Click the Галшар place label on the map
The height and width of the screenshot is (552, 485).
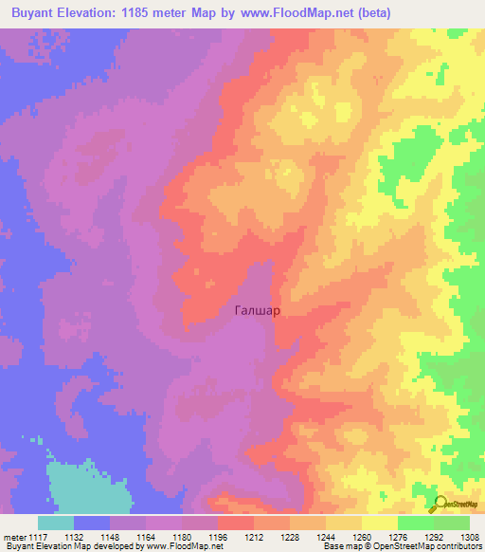pos(256,309)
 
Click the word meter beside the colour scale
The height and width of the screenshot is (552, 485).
pos(15,536)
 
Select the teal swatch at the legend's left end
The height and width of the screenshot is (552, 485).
pos(56,523)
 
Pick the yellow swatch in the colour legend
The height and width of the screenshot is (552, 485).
pos(380,523)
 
